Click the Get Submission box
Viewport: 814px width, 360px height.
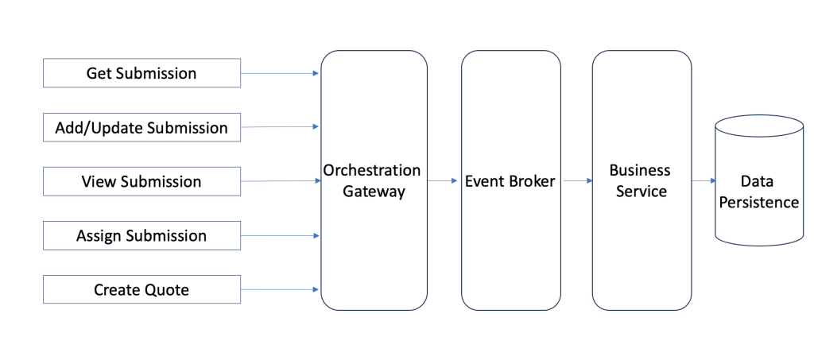141,74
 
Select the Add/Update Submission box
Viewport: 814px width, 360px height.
141,128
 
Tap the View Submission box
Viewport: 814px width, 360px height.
141,182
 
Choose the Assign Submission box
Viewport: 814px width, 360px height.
141,236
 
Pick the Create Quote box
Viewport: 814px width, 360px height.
141,290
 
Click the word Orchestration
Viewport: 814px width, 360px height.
372,171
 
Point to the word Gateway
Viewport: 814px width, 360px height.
374,192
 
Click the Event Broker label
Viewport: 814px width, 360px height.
510,181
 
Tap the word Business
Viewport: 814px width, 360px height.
640,171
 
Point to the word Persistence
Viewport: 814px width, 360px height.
758,203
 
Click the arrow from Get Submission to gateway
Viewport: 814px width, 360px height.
280,73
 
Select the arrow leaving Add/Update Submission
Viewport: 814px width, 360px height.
280,126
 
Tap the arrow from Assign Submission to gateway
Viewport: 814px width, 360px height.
280,235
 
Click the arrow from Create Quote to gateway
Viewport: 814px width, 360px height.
280,289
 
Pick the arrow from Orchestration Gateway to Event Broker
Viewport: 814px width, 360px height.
444,181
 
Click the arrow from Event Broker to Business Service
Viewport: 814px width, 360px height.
577,181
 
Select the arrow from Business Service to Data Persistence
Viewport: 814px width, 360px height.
704,181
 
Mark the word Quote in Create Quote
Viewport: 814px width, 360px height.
167,290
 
